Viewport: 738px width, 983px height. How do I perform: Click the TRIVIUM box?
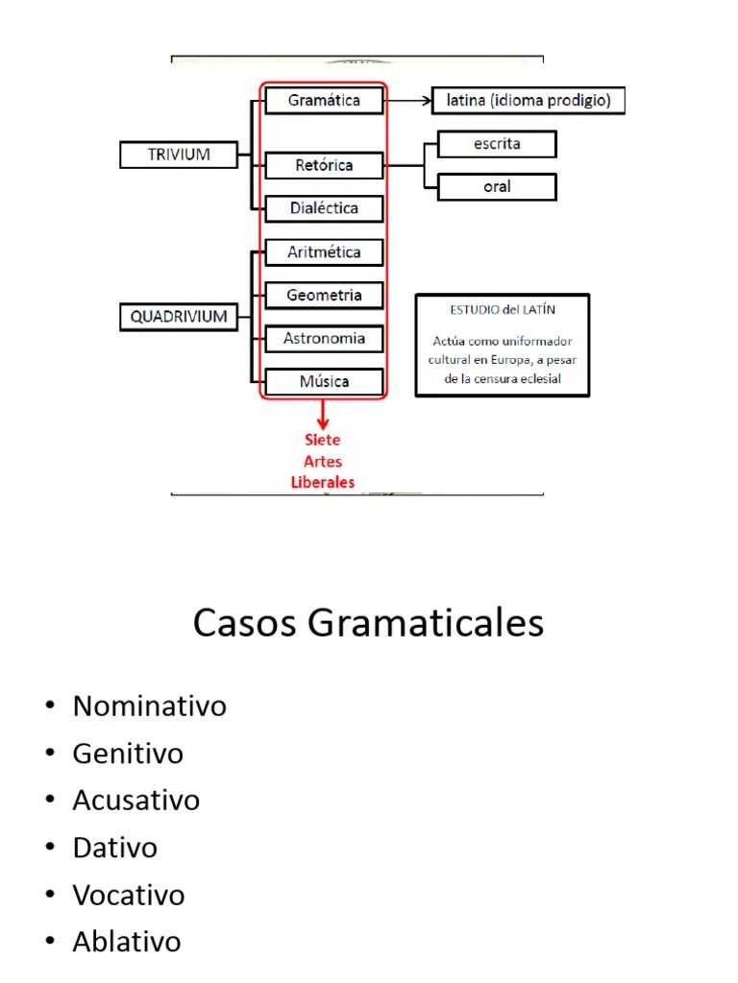point(179,154)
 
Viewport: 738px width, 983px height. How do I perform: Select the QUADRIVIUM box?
point(179,317)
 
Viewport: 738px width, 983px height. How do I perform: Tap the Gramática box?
point(324,100)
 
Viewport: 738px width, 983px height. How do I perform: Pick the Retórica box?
point(324,165)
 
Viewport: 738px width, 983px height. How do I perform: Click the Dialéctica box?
point(324,208)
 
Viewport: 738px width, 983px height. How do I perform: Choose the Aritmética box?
point(324,252)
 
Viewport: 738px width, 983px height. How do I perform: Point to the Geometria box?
point(324,296)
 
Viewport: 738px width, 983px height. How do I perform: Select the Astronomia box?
point(324,339)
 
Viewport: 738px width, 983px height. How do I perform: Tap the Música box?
point(324,382)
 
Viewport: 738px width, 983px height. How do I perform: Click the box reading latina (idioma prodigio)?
point(529,100)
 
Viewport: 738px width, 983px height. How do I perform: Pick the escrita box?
point(497,144)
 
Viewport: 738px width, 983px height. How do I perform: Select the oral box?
point(497,186)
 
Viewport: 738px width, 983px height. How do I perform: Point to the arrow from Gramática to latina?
point(407,100)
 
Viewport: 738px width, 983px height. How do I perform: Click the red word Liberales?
point(323,482)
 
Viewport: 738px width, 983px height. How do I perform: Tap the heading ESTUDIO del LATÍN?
point(503,310)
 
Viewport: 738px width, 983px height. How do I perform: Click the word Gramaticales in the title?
point(427,623)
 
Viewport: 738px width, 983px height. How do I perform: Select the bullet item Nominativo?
point(150,707)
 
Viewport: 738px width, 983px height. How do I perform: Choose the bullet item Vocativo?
point(128,895)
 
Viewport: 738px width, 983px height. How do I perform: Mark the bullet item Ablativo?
point(126,942)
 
